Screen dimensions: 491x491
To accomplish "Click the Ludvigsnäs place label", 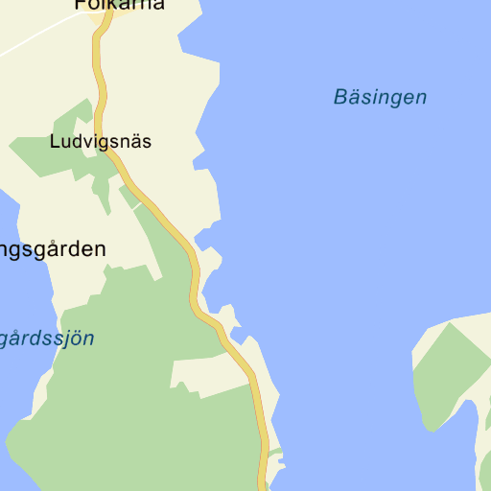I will (100, 142).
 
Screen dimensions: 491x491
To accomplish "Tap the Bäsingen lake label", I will (380, 97).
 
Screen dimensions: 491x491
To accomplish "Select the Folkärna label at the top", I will (119, 5).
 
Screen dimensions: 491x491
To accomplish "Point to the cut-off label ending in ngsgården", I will (53, 249).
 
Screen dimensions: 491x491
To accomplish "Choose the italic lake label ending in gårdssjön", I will (47, 339).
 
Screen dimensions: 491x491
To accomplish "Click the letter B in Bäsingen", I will (340, 97).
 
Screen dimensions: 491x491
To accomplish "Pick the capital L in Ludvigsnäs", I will (54, 142).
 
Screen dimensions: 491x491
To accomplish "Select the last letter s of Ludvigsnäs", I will (147, 142).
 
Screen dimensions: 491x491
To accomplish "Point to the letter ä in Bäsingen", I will (352, 97).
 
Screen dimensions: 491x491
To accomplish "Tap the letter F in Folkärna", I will (80, 5).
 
